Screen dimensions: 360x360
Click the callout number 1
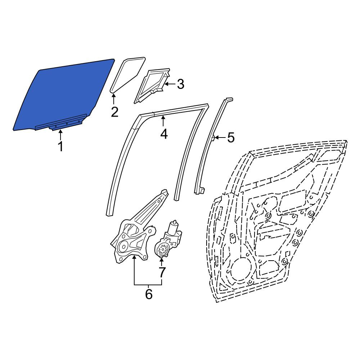(x=60, y=147)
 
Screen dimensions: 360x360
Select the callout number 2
(x=114, y=112)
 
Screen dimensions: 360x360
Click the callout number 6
(x=149, y=294)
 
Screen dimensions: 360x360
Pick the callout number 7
(x=162, y=272)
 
